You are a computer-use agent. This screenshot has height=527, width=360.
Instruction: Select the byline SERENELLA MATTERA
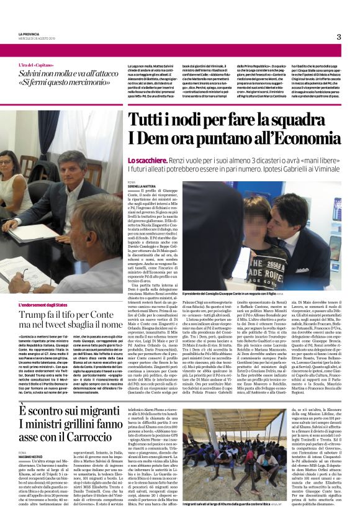click(x=143, y=186)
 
